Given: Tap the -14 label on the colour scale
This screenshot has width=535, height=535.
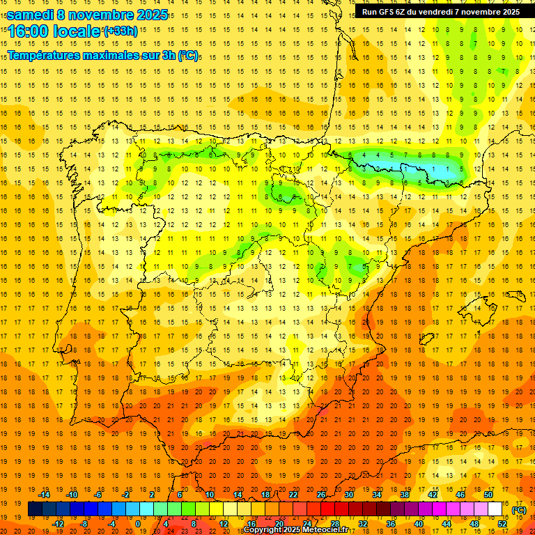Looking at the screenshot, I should [45, 495].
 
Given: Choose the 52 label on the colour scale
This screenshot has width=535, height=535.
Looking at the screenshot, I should [502, 524].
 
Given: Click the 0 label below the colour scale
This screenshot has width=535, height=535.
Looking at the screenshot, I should [138, 524].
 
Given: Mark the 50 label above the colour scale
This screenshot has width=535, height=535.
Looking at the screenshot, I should [488, 495].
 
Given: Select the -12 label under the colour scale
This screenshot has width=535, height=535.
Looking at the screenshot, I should [58, 524].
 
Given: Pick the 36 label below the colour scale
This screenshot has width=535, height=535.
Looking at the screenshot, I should [391, 524].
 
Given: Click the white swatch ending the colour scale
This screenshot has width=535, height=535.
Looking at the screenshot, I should [495, 509].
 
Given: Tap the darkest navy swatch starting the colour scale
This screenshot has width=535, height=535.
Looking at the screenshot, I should [35, 509].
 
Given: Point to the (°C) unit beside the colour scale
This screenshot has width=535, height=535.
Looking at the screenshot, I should [519, 510].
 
